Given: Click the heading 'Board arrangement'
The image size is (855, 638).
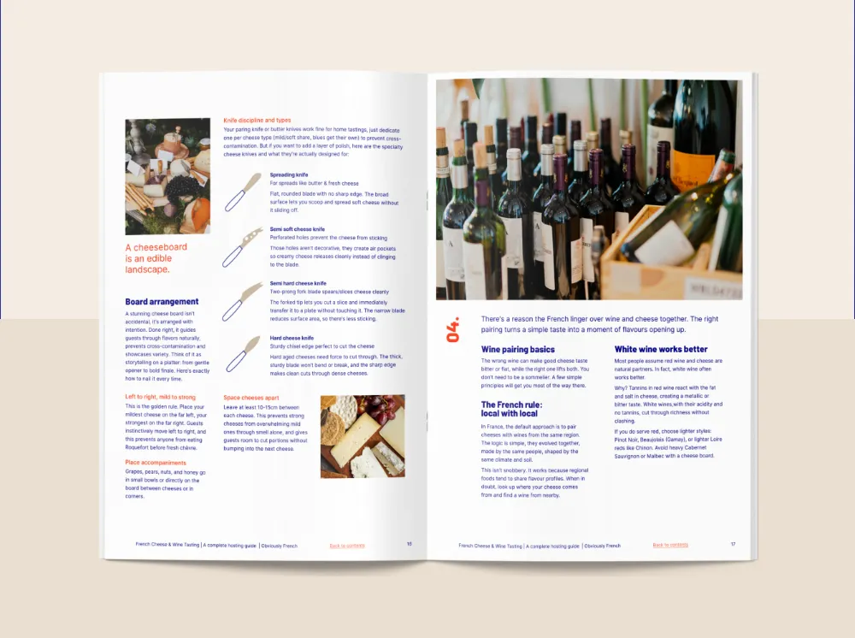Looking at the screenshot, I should [x=162, y=302].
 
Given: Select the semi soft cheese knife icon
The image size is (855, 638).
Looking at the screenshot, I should [x=243, y=248].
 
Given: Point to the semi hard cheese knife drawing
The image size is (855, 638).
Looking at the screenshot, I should [x=243, y=301].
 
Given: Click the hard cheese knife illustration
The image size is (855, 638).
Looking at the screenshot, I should [x=243, y=354].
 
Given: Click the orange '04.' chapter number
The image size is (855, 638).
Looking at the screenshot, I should [x=454, y=329].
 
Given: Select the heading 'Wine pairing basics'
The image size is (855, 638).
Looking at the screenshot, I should [x=518, y=350].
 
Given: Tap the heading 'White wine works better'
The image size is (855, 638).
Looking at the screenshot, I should [x=661, y=350].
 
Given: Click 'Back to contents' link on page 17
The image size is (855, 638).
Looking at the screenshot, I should [x=670, y=545].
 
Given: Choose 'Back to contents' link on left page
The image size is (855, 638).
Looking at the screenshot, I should [x=347, y=545].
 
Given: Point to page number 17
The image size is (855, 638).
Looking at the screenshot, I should [x=733, y=544].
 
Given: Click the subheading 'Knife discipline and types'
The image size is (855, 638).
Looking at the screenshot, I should [x=257, y=121].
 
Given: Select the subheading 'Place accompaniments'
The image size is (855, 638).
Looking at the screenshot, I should [x=156, y=463].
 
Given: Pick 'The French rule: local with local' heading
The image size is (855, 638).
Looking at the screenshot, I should [x=512, y=409].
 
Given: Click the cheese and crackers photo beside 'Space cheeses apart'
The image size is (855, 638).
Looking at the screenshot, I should [x=363, y=435].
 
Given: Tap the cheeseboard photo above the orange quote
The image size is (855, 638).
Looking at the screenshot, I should [x=168, y=176].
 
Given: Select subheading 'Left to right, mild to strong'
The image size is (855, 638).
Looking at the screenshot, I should [x=161, y=397].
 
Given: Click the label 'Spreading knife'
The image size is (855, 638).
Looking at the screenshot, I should [x=289, y=174].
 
